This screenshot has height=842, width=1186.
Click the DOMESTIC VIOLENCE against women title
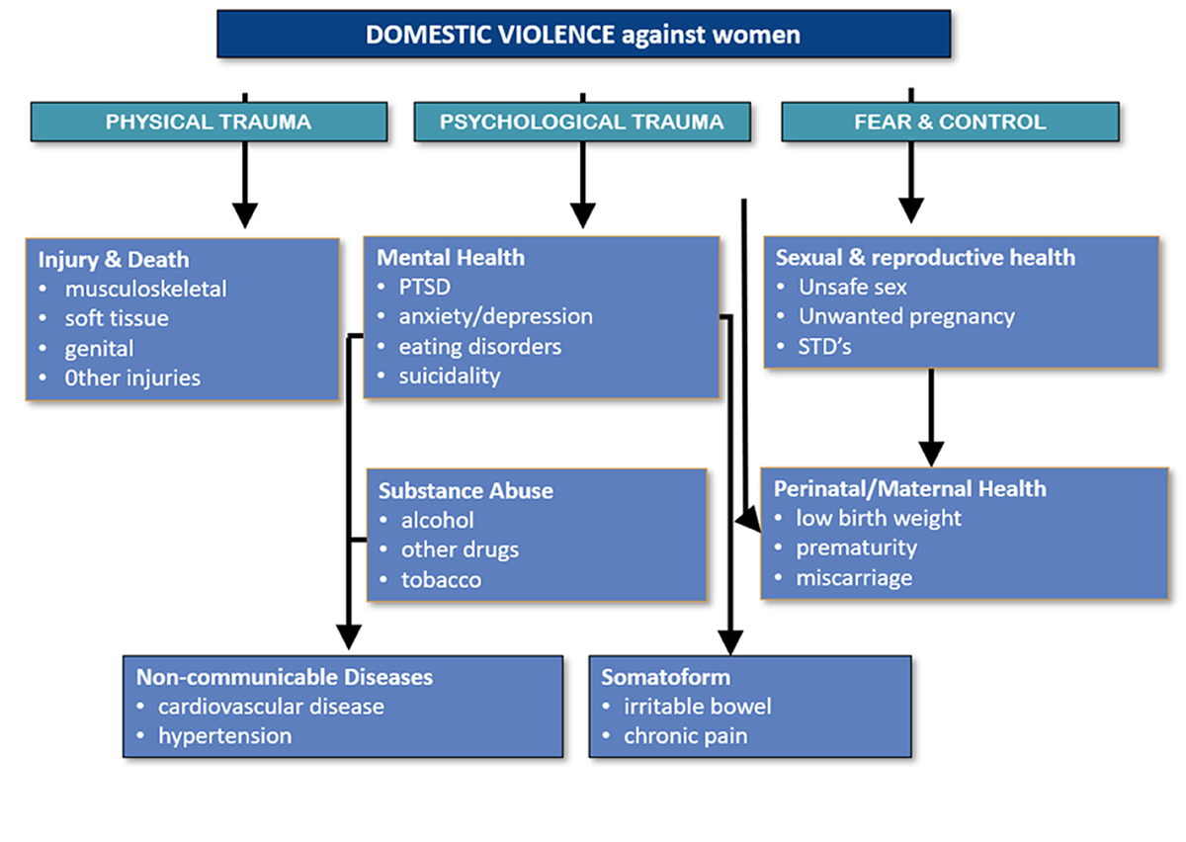583,35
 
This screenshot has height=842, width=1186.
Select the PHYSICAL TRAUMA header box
209,123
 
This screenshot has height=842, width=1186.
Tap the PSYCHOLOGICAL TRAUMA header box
581,123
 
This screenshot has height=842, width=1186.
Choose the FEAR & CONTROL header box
950,123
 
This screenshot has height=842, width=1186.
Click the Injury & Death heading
114,260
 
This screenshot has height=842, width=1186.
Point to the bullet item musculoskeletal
145,289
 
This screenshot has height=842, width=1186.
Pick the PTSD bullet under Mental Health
425,287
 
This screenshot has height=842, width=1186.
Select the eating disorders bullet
479,346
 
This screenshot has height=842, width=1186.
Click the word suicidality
450,376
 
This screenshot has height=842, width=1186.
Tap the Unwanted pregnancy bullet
906,316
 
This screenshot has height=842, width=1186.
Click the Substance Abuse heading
466,490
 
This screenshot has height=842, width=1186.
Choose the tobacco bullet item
441,579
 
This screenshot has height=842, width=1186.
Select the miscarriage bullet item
854,577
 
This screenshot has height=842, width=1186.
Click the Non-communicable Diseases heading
285,677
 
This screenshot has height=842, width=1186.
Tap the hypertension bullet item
224,735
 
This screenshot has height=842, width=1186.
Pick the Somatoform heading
666,677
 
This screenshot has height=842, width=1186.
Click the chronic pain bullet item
685,735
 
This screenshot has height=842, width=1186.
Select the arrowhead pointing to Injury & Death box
244,215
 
